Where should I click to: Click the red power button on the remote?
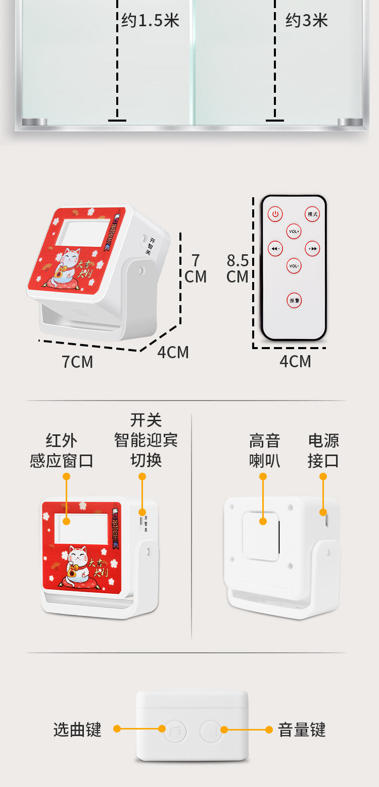275,214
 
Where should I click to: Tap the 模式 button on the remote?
312,214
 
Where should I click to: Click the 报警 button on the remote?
294,301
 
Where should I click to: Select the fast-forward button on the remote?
313,249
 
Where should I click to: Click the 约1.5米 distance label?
150,21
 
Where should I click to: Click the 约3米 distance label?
306,21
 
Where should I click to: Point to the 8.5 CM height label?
238,268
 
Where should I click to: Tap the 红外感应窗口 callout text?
62,451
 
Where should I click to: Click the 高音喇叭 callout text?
264,451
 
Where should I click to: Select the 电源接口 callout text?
323,451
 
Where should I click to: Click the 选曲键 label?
77,729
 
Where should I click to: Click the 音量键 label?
302,729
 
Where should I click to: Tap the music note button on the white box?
175,730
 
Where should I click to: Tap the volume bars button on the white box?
211,730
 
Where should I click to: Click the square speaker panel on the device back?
261,536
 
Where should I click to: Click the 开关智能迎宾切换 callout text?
146,440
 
